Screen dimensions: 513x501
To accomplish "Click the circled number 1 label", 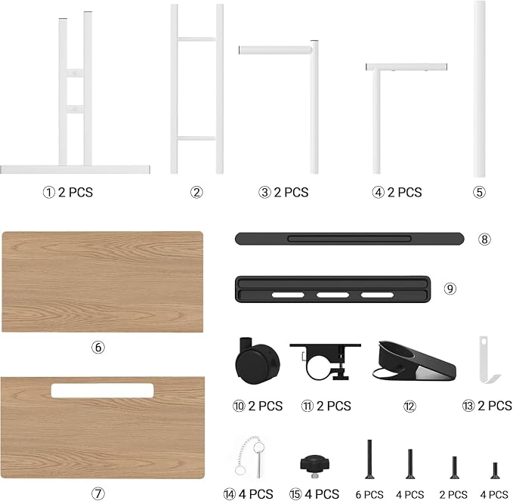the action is click(48, 192).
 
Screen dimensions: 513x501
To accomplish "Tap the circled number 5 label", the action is click(479, 192).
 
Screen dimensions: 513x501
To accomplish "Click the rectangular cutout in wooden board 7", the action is click(103, 391).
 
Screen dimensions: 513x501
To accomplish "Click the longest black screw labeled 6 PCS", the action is click(369, 459).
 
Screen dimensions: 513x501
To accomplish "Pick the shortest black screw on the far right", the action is click(495, 471).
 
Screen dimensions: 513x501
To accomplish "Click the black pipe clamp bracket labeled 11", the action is click(326, 362).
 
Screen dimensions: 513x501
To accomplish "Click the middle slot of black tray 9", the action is click(332, 295).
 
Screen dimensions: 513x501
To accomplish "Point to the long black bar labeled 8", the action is click(349, 239).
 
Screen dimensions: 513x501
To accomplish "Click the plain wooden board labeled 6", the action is click(103, 282).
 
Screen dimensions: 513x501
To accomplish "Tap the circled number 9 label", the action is click(450, 289).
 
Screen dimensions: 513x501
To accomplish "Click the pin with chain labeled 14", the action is click(250, 456).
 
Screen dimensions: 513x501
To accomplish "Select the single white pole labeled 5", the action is click(480, 88).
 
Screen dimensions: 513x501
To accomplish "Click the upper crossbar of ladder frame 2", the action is click(196, 39).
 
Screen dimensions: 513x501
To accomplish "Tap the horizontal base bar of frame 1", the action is click(75, 169).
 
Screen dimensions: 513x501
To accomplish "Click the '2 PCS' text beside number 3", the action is click(291, 192).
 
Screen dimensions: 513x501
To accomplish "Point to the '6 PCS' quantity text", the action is click(369, 494).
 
